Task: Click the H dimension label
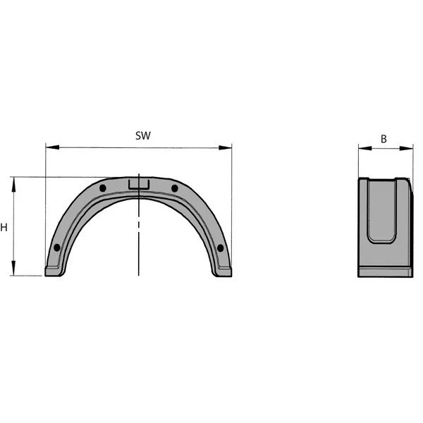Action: point(5,228)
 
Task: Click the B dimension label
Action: point(384,138)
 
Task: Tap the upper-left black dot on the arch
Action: point(103,188)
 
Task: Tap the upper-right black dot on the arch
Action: point(175,188)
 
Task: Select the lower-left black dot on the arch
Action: point(57,247)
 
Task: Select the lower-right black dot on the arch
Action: point(220,247)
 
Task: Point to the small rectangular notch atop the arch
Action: point(139,184)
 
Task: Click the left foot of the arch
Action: point(54,271)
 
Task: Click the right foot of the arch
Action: point(223,271)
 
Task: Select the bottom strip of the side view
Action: point(385,271)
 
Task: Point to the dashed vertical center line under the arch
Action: point(139,240)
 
